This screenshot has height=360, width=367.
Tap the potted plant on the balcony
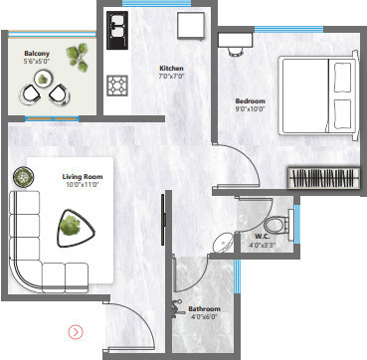(x=76, y=58)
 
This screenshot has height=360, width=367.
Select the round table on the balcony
(x=45, y=91)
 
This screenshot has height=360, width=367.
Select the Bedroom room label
(x=250, y=100)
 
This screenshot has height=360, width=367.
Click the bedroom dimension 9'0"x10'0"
(x=250, y=109)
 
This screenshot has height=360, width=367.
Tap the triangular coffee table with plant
(x=73, y=226)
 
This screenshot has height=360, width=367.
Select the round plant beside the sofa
(x=22, y=178)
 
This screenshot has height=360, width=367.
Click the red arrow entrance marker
(x=76, y=329)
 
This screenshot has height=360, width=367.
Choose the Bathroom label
(x=205, y=309)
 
